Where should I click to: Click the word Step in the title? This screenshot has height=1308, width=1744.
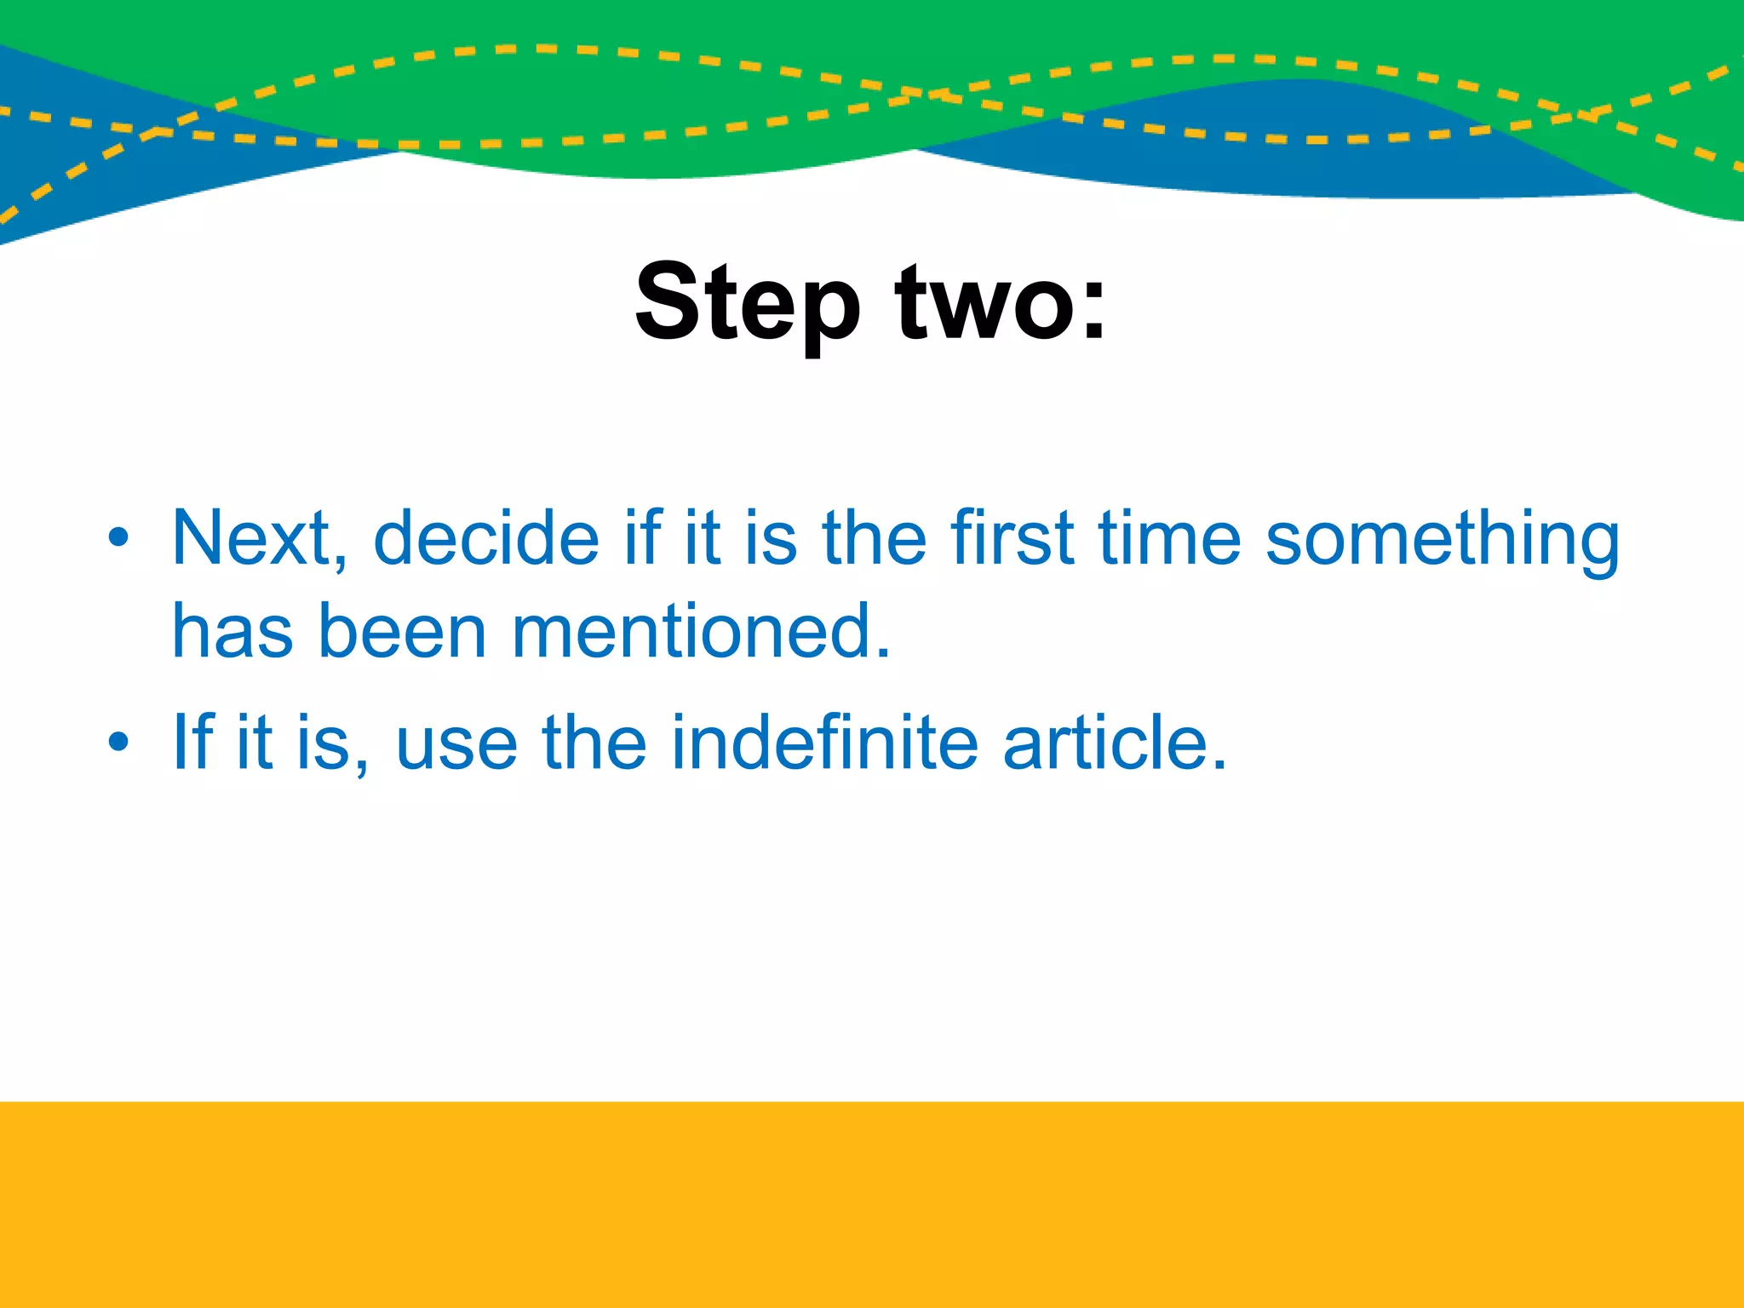point(748,304)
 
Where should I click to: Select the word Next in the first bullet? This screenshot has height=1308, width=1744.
point(252,538)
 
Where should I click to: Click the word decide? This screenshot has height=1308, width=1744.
point(486,538)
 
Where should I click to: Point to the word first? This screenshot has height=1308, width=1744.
point(1013,538)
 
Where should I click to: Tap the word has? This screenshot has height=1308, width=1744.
point(232,632)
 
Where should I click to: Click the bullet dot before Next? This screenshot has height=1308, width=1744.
point(118,538)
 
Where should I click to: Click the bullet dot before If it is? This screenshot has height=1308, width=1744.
point(118,743)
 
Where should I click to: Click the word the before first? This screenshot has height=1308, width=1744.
point(874,538)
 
